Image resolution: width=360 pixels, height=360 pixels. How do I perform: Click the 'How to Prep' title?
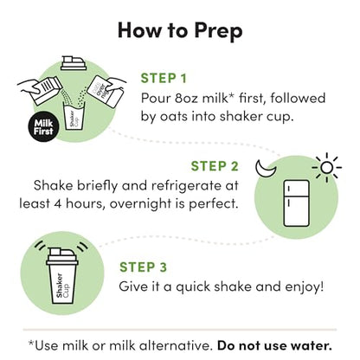(180, 30)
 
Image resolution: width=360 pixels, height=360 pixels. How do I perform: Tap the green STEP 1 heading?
(164, 79)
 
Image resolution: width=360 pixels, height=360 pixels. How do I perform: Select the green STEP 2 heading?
(215, 166)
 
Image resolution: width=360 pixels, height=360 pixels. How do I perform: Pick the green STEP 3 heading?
(143, 267)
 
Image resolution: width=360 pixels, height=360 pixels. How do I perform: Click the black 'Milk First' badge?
(43, 127)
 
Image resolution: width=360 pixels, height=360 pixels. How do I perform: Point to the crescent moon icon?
(266, 169)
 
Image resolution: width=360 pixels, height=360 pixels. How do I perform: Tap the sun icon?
(327, 168)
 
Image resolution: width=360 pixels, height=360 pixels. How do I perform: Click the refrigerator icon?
(296, 203)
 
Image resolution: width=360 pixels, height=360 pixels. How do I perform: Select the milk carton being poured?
(46, 90)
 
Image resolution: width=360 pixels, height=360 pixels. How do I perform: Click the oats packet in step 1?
(105, 90)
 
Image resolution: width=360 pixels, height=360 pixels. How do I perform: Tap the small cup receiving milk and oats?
(74, 119)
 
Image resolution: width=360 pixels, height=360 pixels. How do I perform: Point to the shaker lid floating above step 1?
(74, 63)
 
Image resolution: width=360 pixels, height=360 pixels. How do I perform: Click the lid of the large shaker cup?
(62, 256)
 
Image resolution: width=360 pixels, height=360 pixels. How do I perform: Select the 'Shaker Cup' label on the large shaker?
(62, 286)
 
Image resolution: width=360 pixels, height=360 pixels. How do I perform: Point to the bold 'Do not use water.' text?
(274, 345)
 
